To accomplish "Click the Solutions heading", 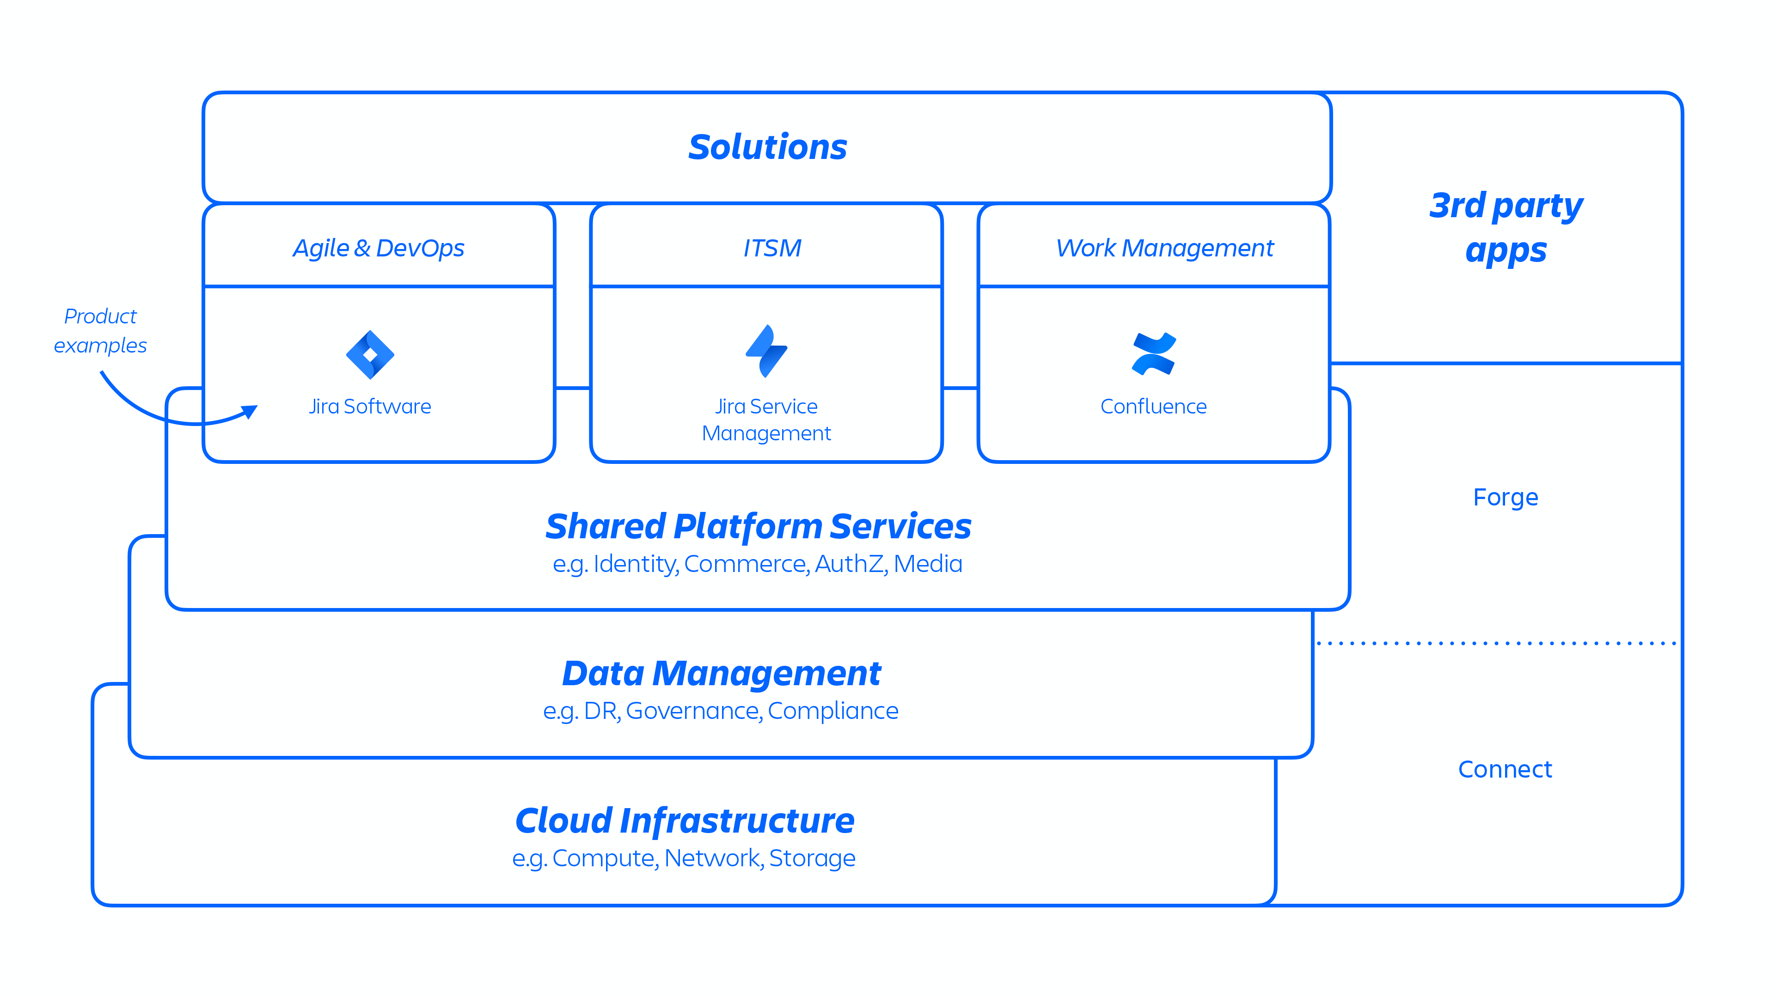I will (x=768, y=147).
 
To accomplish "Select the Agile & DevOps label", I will (x=378, y=248).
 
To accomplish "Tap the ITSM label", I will (x=772, y=248).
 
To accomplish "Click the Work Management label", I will (x=1164, y=248).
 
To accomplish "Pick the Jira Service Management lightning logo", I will (x=766, y=351).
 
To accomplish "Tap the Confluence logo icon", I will (x=1153, y=354).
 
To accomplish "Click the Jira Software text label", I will (x=370, y=407).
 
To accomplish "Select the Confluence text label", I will (x=1153, y=407).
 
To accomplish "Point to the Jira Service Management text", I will (x=766, y=420).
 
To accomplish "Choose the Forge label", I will (x=1506, y=497).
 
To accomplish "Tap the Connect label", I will (x=1505, y=769).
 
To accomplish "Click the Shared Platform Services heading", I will (x=758, y=527).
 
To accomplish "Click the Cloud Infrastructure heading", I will (x=685, y=821).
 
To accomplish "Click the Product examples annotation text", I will (x=101, y=331).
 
